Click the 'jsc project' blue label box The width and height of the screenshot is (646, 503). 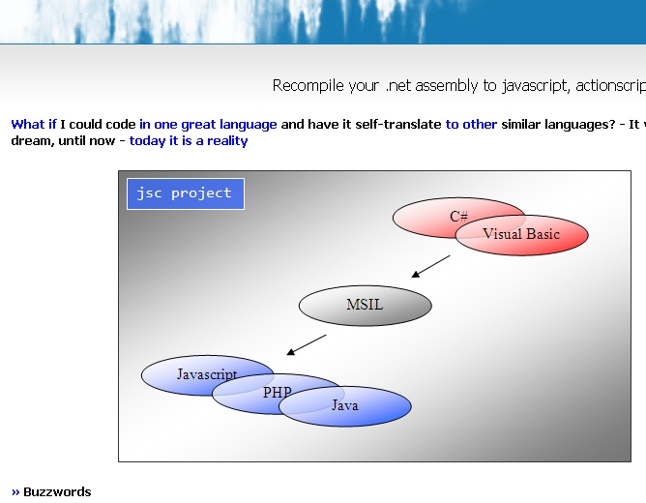(186, 193)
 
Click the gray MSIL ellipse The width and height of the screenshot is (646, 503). (365, 306)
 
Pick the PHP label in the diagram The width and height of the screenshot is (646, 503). (278, 392)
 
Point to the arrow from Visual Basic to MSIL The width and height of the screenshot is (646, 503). (431, 266)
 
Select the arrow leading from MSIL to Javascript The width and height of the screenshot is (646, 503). (307, 344)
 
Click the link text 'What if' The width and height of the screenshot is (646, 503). (34, 125)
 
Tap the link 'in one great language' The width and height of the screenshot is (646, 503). (208, 125)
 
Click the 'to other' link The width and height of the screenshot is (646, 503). (471, 125)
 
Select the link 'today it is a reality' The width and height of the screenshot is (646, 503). (189, 141)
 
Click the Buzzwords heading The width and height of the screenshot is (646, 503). (57, 492)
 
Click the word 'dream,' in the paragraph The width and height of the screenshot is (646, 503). (33, 141)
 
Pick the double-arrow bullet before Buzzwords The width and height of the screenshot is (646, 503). (15, 492)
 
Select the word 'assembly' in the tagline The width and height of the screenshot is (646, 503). (447, 86)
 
